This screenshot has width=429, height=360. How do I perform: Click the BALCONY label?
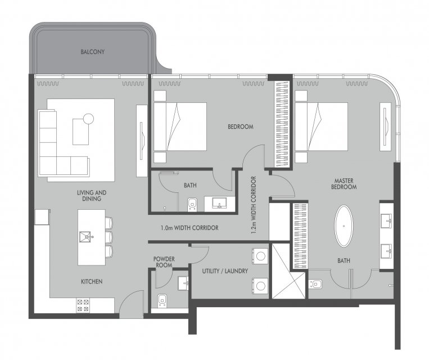pos(92,52)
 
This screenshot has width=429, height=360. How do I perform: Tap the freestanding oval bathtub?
pos(344,226)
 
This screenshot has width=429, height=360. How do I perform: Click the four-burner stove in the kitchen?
pos(83,305)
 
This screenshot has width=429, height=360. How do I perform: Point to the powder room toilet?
pos(162,300)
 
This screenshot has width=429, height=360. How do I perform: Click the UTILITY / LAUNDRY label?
pos(225,271)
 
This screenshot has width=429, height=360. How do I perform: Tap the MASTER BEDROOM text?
pos(344,184)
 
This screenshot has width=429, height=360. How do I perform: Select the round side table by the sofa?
pos(89,119)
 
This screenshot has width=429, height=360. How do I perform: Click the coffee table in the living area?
pos(81,132)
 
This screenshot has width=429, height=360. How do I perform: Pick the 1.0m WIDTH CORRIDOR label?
pos(189,228)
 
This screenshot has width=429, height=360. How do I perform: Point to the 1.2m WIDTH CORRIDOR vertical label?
pos(254,205)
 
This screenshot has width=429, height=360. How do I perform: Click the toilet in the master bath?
pos(315,284)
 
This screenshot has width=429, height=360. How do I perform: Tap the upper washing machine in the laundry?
pos(260,256)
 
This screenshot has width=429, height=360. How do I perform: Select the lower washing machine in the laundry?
pos(260,286)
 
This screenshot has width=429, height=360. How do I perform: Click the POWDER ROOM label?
pos(164,262)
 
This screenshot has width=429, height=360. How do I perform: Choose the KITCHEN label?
pos(92,281)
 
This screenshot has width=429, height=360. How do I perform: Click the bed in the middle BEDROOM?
pos(180,127)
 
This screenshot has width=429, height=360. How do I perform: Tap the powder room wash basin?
pos(183,283)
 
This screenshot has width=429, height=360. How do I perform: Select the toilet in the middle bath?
pos(192,205)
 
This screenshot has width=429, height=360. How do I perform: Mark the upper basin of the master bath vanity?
pos(387,220)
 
